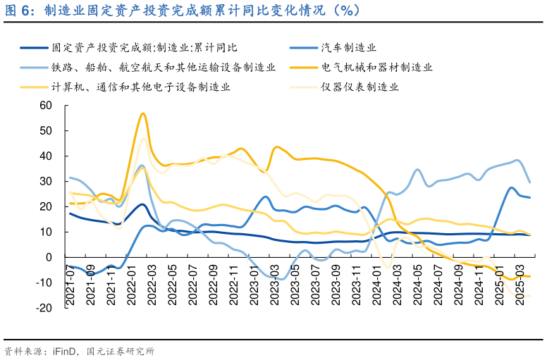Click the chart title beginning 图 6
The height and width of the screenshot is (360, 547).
183,11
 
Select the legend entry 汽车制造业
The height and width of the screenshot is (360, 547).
348,48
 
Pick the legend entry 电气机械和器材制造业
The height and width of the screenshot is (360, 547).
376,68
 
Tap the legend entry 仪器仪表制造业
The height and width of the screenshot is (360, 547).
360,87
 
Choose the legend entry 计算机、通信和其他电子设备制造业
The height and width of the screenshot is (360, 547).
141,87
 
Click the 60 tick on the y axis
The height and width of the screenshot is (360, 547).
47,106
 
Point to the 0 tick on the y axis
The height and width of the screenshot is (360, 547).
50,258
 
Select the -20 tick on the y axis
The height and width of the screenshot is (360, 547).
45,308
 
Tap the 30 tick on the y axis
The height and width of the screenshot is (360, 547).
47,182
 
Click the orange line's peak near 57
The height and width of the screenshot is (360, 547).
143,113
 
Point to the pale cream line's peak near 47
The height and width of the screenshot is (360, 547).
143,138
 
